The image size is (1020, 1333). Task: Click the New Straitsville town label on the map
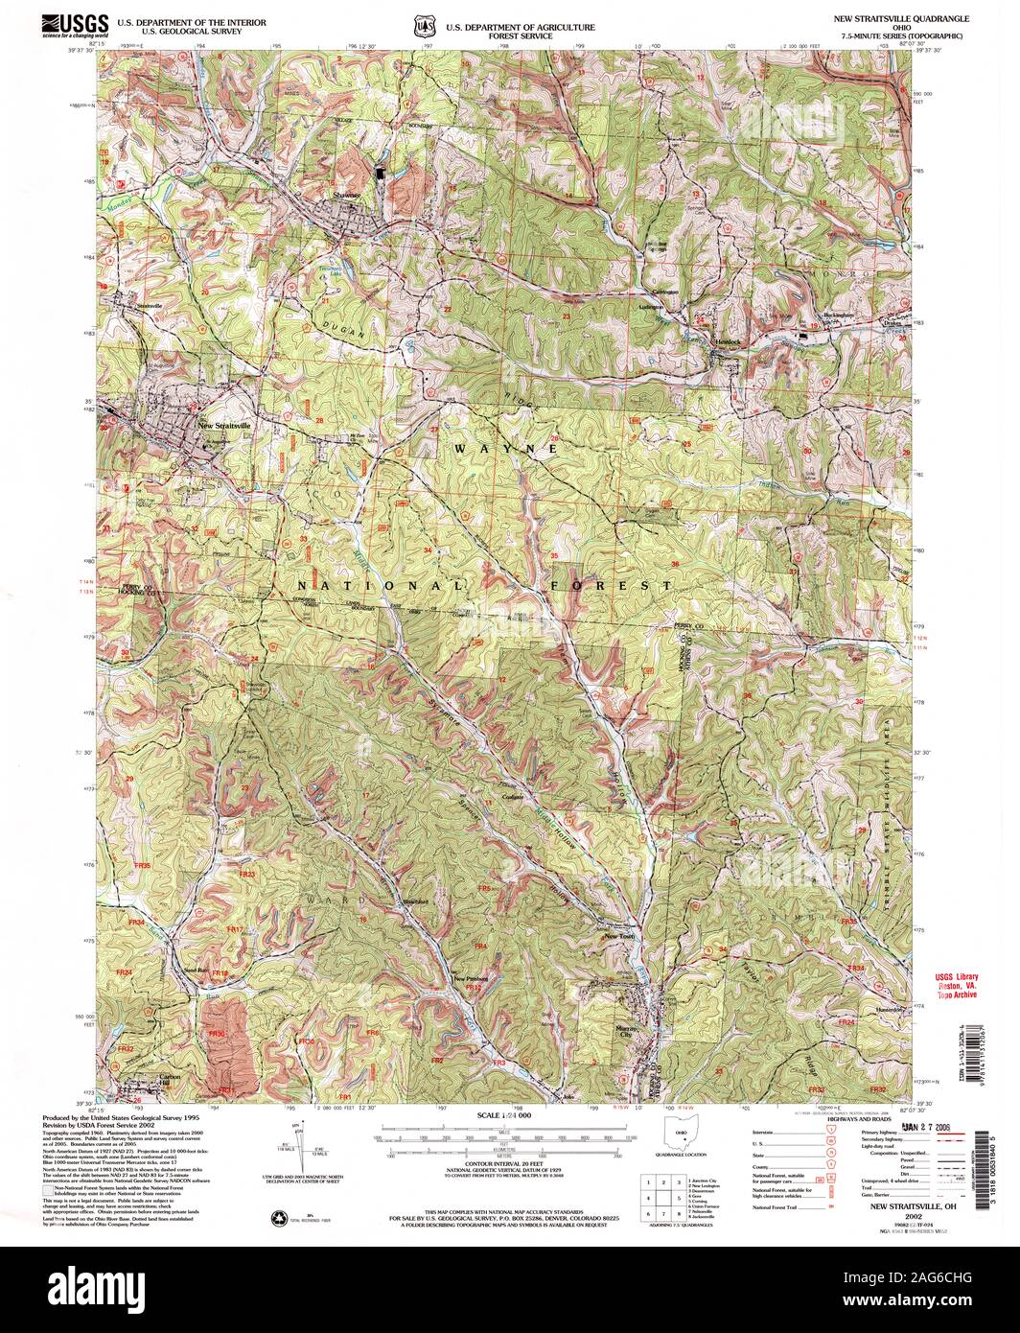coord(223,425)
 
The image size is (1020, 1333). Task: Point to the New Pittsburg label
coord(471,978)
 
